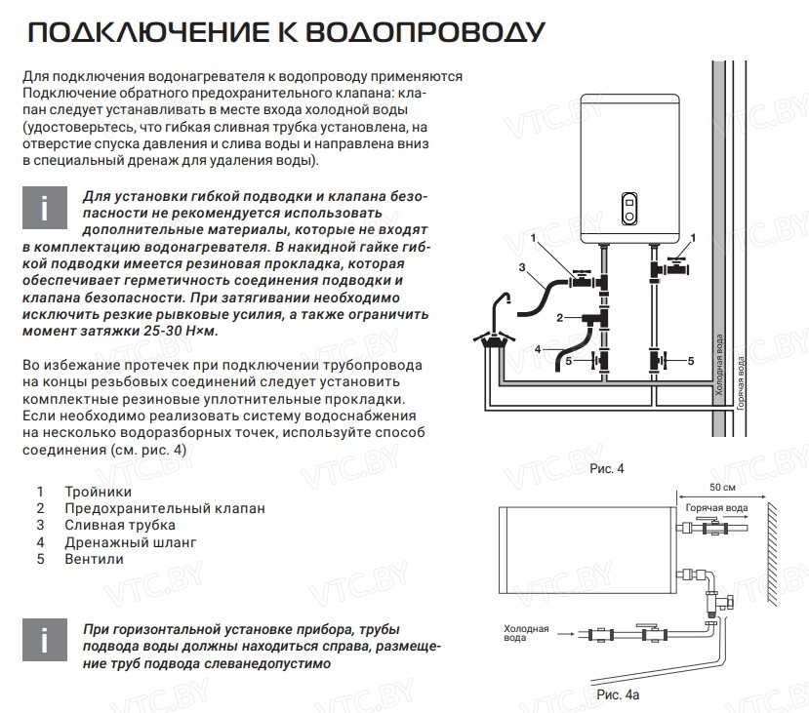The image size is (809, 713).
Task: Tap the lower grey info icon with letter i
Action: tap(44, 640)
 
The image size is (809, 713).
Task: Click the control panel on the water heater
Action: tap(629, 205)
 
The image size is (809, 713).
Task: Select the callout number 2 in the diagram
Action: tap(559, 317)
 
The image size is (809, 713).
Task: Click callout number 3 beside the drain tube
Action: tap(522, 266)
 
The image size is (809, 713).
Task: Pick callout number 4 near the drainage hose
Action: tap(538, 348)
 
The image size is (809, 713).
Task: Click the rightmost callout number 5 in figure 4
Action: tap(690, 360)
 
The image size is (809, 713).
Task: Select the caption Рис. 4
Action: tap(606, 469)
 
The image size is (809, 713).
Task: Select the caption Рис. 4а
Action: tap(619, 693)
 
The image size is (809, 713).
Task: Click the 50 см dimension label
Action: tap(723, 487)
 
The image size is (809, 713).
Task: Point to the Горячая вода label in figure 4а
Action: tap(717, 508)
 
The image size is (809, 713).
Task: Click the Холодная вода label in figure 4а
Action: tap(526, 634)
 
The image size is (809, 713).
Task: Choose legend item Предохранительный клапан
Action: tap(164, 508)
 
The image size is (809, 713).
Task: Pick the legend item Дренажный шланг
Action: tap(130, 541)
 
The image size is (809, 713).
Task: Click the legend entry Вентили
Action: tap(94, 558)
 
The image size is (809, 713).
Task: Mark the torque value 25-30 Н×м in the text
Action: tap(177, 332)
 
